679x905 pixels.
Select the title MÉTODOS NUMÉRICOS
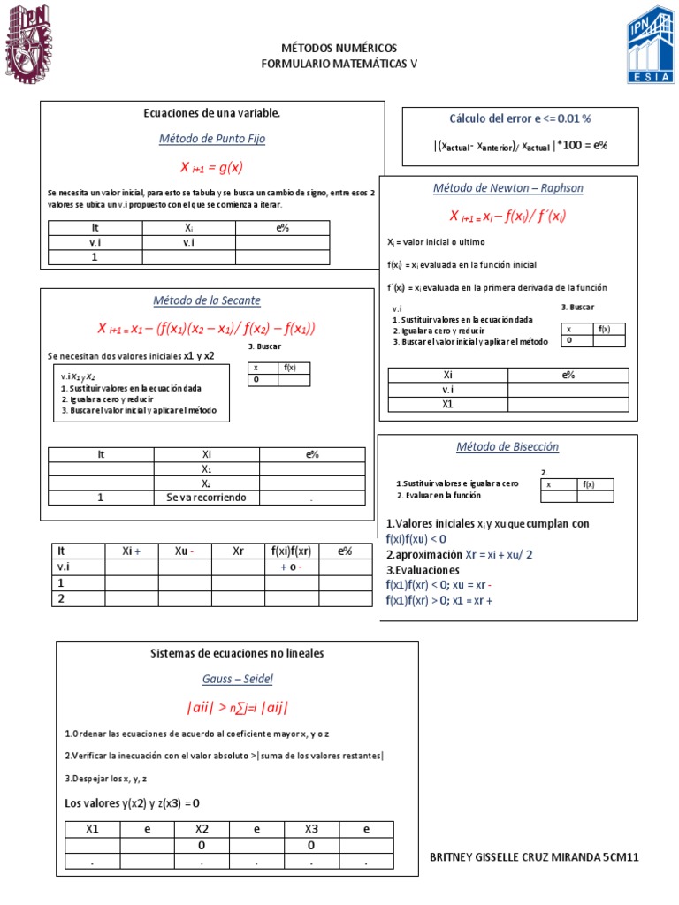[x=339, y=48]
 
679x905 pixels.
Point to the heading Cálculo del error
[x=520, y=118]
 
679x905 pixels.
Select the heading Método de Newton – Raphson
[x=507, y=188]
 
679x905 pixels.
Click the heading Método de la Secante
[x=207, y=300]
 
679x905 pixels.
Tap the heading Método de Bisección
[x=507, y=447]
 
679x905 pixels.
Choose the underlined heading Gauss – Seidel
[x=237, y=679]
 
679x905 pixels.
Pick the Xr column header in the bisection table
[x=238, y=551]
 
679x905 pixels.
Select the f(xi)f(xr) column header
[x=291, y=551]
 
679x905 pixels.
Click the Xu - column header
[x=184, y=551]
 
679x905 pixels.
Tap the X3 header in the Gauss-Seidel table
[x=311, y=828]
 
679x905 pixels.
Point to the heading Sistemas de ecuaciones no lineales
[x=237, y=654]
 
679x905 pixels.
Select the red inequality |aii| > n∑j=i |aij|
[x=237, y=708]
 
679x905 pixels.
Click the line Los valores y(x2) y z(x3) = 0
[x=133, y=802]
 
